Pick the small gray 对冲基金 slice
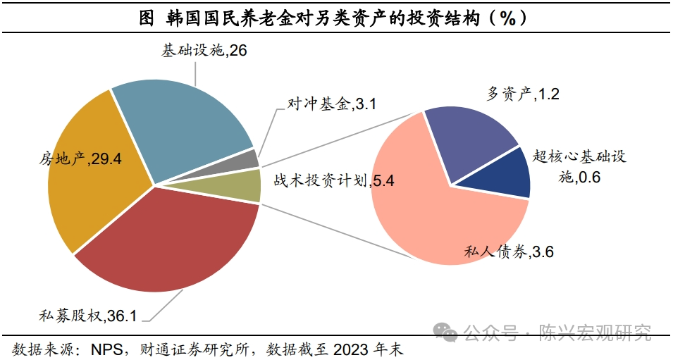[x=248, y=159]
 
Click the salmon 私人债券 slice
[x=430, y=211]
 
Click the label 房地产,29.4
[x=80, y=159]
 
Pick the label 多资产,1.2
[x=523, y=94]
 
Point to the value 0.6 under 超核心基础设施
[x=589, y=178]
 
